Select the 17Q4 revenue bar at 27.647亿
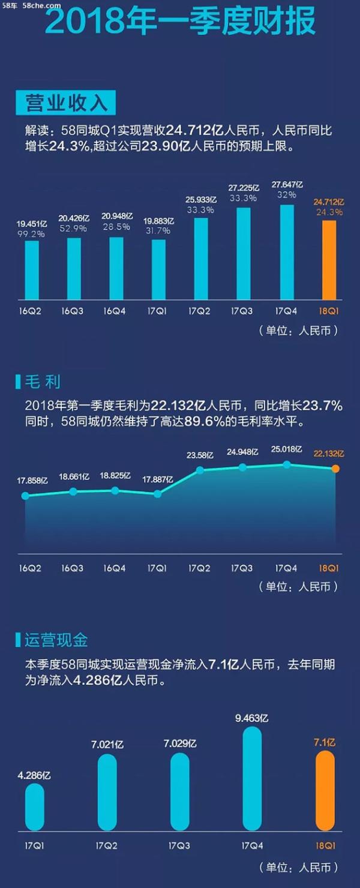pos(287,252)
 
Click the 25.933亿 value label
pos(201,199)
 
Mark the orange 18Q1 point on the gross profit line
pos(335,468)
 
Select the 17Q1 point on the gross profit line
pos(157,494)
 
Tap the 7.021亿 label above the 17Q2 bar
pos(107,744)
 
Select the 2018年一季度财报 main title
pos(180,24)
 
